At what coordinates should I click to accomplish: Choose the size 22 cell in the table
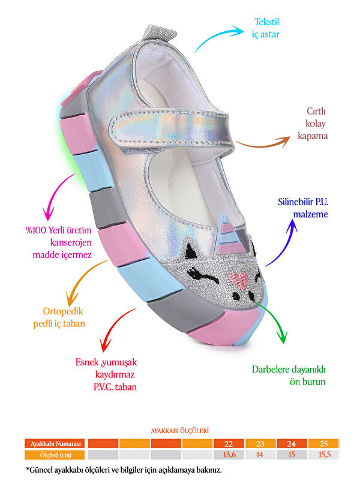229,444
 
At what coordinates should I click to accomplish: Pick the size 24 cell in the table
291,444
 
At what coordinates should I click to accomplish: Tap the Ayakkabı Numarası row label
55,444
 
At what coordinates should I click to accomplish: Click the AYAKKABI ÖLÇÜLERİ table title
179,431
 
